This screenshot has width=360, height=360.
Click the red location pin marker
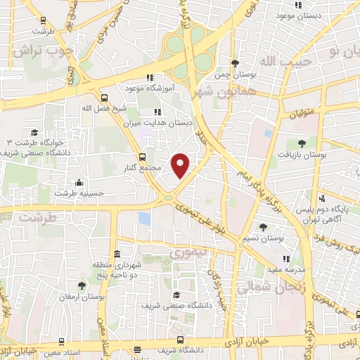pyautogui.click(x=181, y=165)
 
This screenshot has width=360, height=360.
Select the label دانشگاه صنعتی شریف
pyautogui.click(x=166, y=306)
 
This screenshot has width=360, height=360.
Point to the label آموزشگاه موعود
pyautogui.click(x=124, y=88)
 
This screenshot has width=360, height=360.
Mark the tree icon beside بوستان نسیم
pyautogui.click(x=263, y=226)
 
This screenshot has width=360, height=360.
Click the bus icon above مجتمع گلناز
pyautogui.click(x=143, y=157)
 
